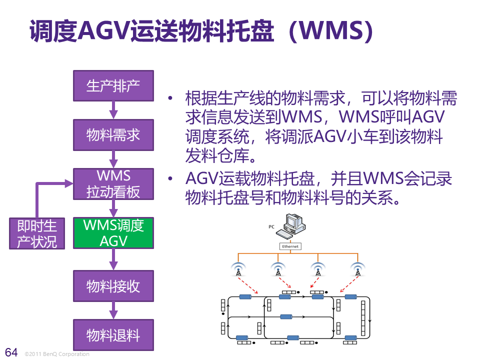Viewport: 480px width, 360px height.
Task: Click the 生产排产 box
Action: [113, 85]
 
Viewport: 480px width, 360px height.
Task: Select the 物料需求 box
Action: [113, 134]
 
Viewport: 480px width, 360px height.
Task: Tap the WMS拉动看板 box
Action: [113, 183]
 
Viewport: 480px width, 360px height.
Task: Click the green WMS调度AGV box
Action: [113, 233]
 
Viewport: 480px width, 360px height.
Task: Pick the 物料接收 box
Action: [113, 286]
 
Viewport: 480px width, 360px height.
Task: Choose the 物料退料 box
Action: [113, 335]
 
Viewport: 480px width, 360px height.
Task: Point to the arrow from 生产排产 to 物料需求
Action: [113, 109]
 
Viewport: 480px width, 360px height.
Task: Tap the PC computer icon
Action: [292, 225]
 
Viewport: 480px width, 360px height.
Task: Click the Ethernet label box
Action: [290, 246]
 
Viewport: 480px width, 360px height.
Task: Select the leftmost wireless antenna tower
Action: [238, 270]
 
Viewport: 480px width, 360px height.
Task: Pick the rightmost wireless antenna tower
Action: [357, 270]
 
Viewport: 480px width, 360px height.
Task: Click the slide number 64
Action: [11, 352]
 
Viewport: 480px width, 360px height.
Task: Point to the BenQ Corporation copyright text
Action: [56, 354]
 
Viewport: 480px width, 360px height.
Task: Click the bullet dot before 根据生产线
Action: [171, 98]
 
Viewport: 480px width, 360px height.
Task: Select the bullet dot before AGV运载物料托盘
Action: [171, 178]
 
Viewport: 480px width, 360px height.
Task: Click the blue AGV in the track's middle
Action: [286, 316]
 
